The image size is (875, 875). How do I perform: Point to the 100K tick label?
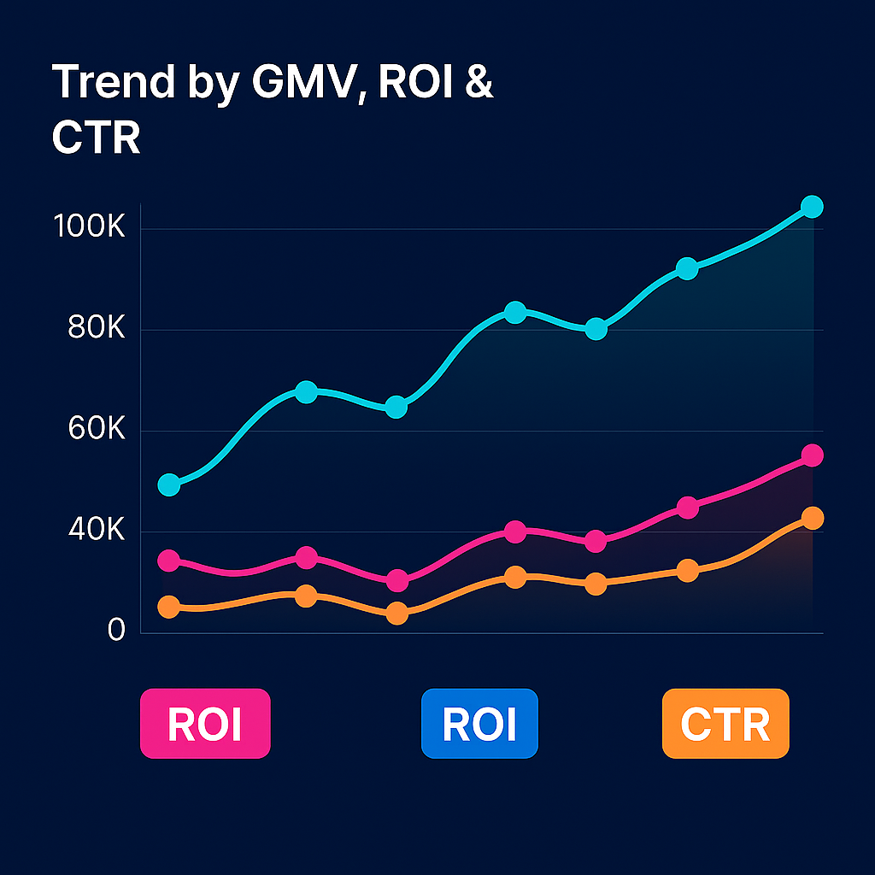[x=89, y=228]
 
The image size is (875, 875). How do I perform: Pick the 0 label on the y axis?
[x=116, y=631]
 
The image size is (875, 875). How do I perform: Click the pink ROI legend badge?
[x=205, y=724]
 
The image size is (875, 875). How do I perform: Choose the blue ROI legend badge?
[x=479, y=724]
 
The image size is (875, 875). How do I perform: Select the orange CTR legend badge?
[x=725, y=724]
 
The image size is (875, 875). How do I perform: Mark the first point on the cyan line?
[x=169, y=485]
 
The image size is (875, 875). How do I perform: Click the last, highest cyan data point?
[x=812, y=207]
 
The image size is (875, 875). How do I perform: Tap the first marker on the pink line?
[x=169, y=561]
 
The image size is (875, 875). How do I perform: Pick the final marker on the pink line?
[x=812, y=455]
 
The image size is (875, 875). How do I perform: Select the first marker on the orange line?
[x=169, y=607]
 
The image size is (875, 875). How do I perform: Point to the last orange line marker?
[x=812, y=518]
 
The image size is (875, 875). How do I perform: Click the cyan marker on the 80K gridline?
[x=596, y=329]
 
